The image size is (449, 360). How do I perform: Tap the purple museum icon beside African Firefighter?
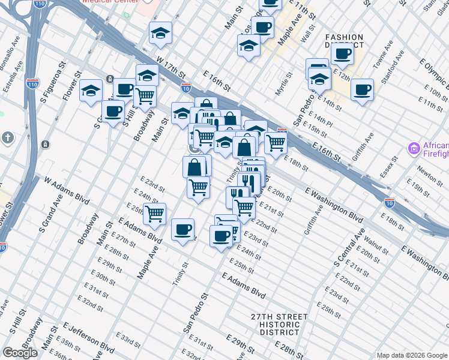pyautogui.click(x=414, y=148)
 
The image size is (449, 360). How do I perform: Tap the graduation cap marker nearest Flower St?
pyautogui.click(x=91, y=91)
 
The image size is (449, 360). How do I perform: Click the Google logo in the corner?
pyautogui.click(x=20, y=353)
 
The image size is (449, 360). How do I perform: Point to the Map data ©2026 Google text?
pyautogui.click(x=412, y=355)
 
